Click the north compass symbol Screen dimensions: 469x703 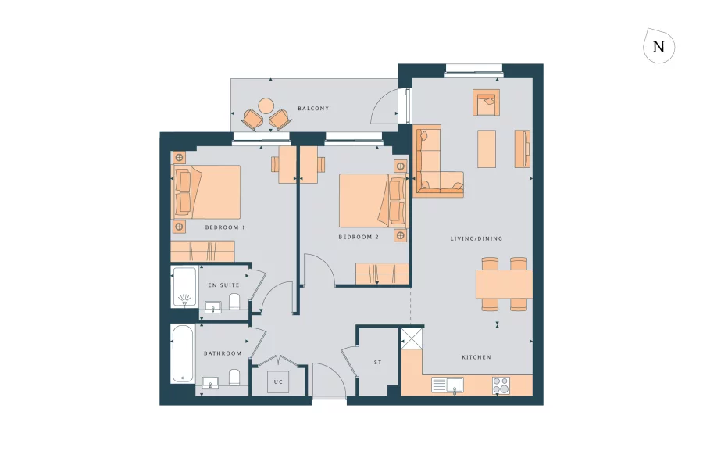point(658,46)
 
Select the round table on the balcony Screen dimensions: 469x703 point(266,105)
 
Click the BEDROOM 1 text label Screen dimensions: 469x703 point(225,227)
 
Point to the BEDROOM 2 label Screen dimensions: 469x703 point(359,237)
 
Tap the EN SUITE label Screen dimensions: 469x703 point(223,285)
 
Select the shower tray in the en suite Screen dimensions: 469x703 point(184,288)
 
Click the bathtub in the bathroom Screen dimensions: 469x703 point(184,354)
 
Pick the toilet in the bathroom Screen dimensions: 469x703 point(234,378)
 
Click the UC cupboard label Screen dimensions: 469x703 point(277,382)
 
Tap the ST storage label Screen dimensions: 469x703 point(378,363)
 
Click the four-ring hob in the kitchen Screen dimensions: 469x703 point(501,385)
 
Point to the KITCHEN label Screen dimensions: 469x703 point(476,357)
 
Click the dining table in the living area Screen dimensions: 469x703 point(504,283)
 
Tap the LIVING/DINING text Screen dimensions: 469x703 point(476,238)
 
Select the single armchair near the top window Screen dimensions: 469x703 point(485,101)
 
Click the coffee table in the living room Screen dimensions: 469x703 point(487,148)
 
